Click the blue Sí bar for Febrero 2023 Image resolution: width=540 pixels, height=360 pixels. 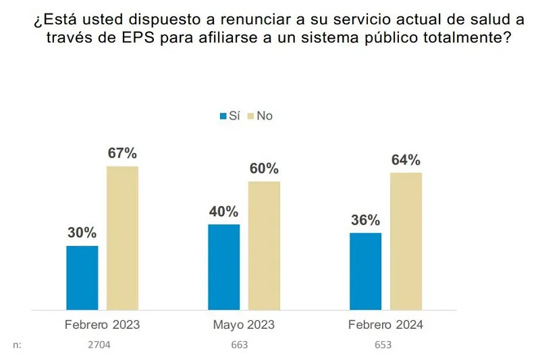82,278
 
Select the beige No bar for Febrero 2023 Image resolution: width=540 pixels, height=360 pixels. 122,238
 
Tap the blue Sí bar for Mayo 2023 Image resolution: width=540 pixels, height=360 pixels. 223,267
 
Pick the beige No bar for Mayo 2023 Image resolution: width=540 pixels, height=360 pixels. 264,246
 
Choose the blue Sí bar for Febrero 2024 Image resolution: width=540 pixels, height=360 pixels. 365,272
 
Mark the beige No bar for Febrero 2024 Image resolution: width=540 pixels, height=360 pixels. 406,241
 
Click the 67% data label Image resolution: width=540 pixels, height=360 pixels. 122,153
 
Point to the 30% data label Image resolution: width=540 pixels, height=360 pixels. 82,233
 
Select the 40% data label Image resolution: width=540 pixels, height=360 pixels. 223,211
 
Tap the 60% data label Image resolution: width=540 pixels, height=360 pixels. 264,169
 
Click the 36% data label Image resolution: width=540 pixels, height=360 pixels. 365,220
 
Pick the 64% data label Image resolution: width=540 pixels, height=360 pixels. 406,160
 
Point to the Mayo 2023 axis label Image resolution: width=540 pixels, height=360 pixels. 244,325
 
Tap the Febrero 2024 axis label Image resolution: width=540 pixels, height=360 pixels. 385,325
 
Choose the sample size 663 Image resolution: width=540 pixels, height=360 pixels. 239,345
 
